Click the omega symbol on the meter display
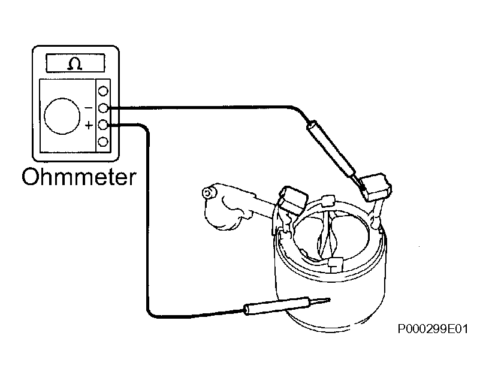click(x=75, y=64)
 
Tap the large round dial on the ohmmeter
click(x=62, y=116)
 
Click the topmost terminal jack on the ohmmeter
click(x=103, y=91)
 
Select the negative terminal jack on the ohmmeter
click(x=103, y=108)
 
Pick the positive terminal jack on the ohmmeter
click(x=103, y=125)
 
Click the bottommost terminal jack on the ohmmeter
click(x=103, y=142)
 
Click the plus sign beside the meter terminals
click(x=89, y=125)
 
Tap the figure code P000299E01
click(x=433, y=329)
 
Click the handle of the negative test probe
click(x=331, y=149)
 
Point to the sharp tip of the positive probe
click(x=330, y=300)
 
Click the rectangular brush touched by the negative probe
click(x=376, y=186)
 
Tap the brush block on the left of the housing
click(x=292, y=199)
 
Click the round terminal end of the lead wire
click(x=208, y=193)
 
